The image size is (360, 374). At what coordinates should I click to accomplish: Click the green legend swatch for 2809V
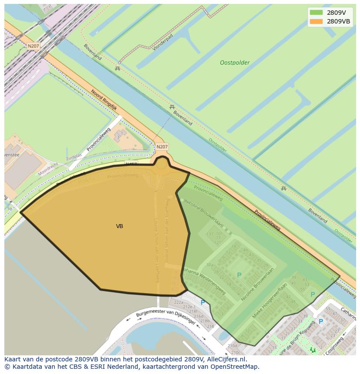click(x=316, y=13)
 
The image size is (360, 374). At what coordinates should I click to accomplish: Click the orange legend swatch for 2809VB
click(x=316, y=21)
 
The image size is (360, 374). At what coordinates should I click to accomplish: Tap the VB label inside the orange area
click(x=120, y=226)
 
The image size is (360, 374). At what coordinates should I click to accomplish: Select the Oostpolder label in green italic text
click(x=235, y=63)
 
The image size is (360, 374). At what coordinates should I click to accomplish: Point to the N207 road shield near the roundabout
click(x=162, y=147)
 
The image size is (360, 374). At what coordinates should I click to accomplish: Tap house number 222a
click(x=179, y=302)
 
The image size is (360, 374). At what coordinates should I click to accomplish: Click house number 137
click(x=210, y=234)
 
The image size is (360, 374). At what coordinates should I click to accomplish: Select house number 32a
click(x=210, y=265)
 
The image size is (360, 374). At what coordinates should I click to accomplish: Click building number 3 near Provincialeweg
click(x=117, y=138)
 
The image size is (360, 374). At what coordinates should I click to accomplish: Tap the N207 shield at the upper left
click(x=33, y=46)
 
